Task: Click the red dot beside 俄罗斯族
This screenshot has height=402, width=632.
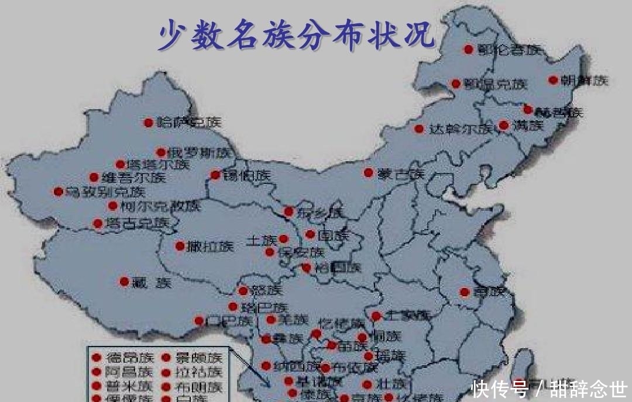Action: click(x=161, y=152)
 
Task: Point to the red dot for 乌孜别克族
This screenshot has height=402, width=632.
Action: click(x=58, y=191)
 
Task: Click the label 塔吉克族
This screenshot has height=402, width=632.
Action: click(x=138, y=223)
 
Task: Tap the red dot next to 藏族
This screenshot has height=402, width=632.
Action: click(x=124, y=282)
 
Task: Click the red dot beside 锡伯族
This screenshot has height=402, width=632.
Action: click(x=215, y=174)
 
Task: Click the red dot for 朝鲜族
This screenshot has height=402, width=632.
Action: click(x=553, y=80)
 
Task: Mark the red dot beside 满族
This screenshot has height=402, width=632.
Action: click(x=503, y=124)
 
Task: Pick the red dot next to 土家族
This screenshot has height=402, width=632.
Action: click(x=376, y=316)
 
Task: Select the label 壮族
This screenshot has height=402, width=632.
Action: click(x=391, y=384)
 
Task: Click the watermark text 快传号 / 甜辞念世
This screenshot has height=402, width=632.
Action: click(x=549, y=389)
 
